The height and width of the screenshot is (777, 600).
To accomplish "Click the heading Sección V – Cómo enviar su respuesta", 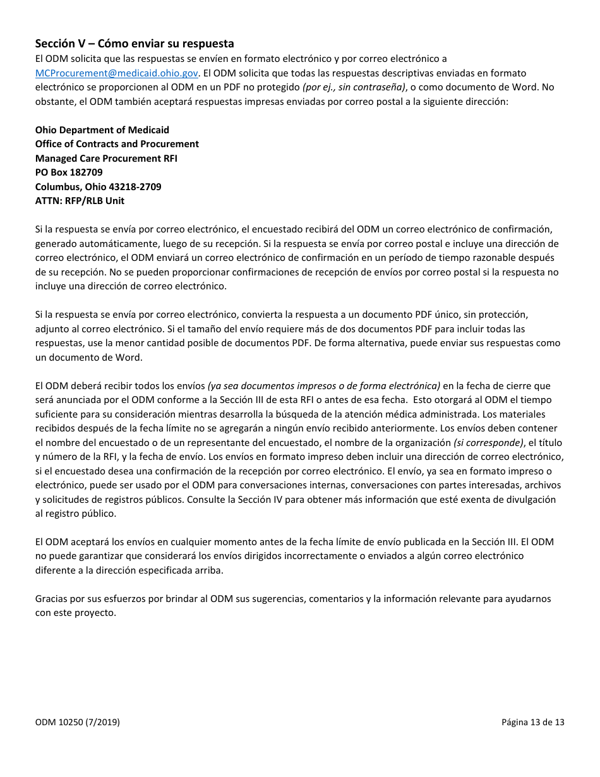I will click(135, 44).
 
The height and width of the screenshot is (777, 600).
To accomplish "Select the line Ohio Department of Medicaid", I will click(102, 129).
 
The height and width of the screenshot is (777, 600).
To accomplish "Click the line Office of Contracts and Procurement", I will click(117, 144).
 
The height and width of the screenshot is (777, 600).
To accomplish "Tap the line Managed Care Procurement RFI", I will click(106, 158).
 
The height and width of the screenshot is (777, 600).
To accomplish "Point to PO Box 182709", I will click(69, 172).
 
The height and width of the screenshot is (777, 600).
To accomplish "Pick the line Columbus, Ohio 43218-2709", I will click(98, 186).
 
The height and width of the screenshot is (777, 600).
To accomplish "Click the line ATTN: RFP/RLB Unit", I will click(80, 201).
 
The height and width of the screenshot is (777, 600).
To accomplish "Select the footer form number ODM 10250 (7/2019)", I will click(77, 721).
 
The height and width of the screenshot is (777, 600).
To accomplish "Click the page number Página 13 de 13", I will click(533, 721).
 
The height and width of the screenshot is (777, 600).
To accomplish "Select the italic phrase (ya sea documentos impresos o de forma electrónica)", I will click(323, 385).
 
